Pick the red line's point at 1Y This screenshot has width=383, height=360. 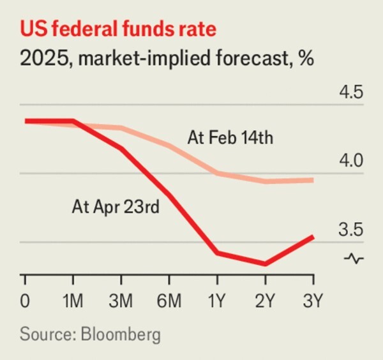[218, 253]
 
